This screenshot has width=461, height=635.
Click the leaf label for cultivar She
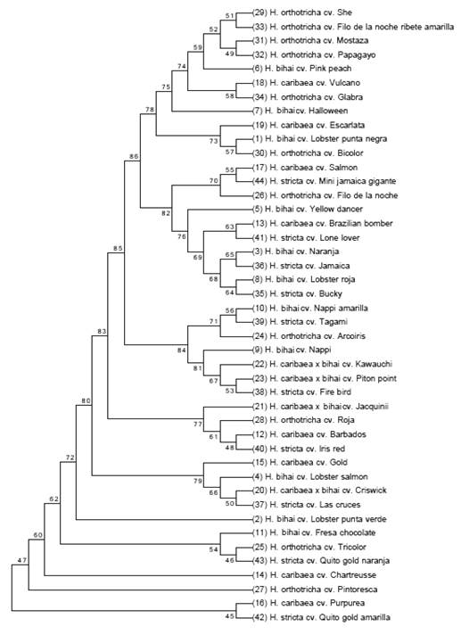(x=302, y=12)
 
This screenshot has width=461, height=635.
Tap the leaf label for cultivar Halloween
(x=300, y=111)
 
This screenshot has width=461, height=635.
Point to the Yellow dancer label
(x=309, y=209)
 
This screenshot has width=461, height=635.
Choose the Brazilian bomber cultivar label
(x=322, y=223)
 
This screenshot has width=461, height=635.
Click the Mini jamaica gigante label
(x=324, y=181)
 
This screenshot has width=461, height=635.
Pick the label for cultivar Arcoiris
(x=309, y=335)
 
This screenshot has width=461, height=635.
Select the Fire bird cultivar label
(x=301, y=392)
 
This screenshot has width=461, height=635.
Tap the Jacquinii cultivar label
(x=320, y=406)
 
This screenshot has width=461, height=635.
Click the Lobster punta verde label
(x=320, y=519)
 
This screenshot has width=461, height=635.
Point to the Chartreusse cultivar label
(x=314, y=574)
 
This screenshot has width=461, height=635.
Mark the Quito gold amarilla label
(x=321, y=617)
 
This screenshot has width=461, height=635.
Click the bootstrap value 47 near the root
(x=22, y=560)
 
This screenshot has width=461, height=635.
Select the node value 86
(x=134, y=155)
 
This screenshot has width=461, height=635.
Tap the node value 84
(x=182, y=350)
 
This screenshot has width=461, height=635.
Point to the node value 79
(x=198, y=481)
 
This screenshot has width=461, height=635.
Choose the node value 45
(x=229, y=616)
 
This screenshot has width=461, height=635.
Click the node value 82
(x=166, y=213)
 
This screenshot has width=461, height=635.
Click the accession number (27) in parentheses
(x=259, y=590)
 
